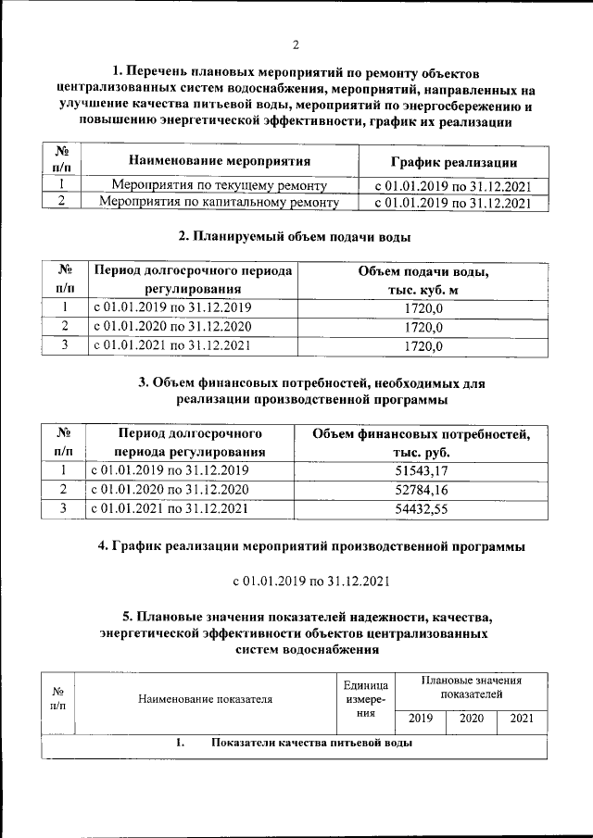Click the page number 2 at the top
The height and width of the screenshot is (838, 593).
pos(296,44)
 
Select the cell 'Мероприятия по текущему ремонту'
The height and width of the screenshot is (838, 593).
pos(219,185)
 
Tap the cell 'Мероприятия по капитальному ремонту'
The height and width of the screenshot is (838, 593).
pos(219,202)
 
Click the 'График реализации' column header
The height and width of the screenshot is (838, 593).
pos(453,161)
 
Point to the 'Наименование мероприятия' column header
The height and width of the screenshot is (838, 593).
pos(219,161)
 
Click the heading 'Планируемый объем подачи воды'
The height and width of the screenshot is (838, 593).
pos(295,237)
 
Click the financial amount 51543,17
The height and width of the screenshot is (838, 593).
pos(421,470)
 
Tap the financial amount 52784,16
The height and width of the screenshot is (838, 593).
pos(421,489)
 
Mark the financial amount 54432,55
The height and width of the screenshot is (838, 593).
pos(421,508)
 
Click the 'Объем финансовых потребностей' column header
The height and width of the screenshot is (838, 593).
pos(421,442)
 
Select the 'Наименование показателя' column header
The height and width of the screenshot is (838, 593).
pos(206,699)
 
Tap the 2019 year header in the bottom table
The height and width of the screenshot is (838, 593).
pos(420,719)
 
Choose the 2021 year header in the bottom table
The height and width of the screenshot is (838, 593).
pos(522,719)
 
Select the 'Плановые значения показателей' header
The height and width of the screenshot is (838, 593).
pos(471,686)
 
